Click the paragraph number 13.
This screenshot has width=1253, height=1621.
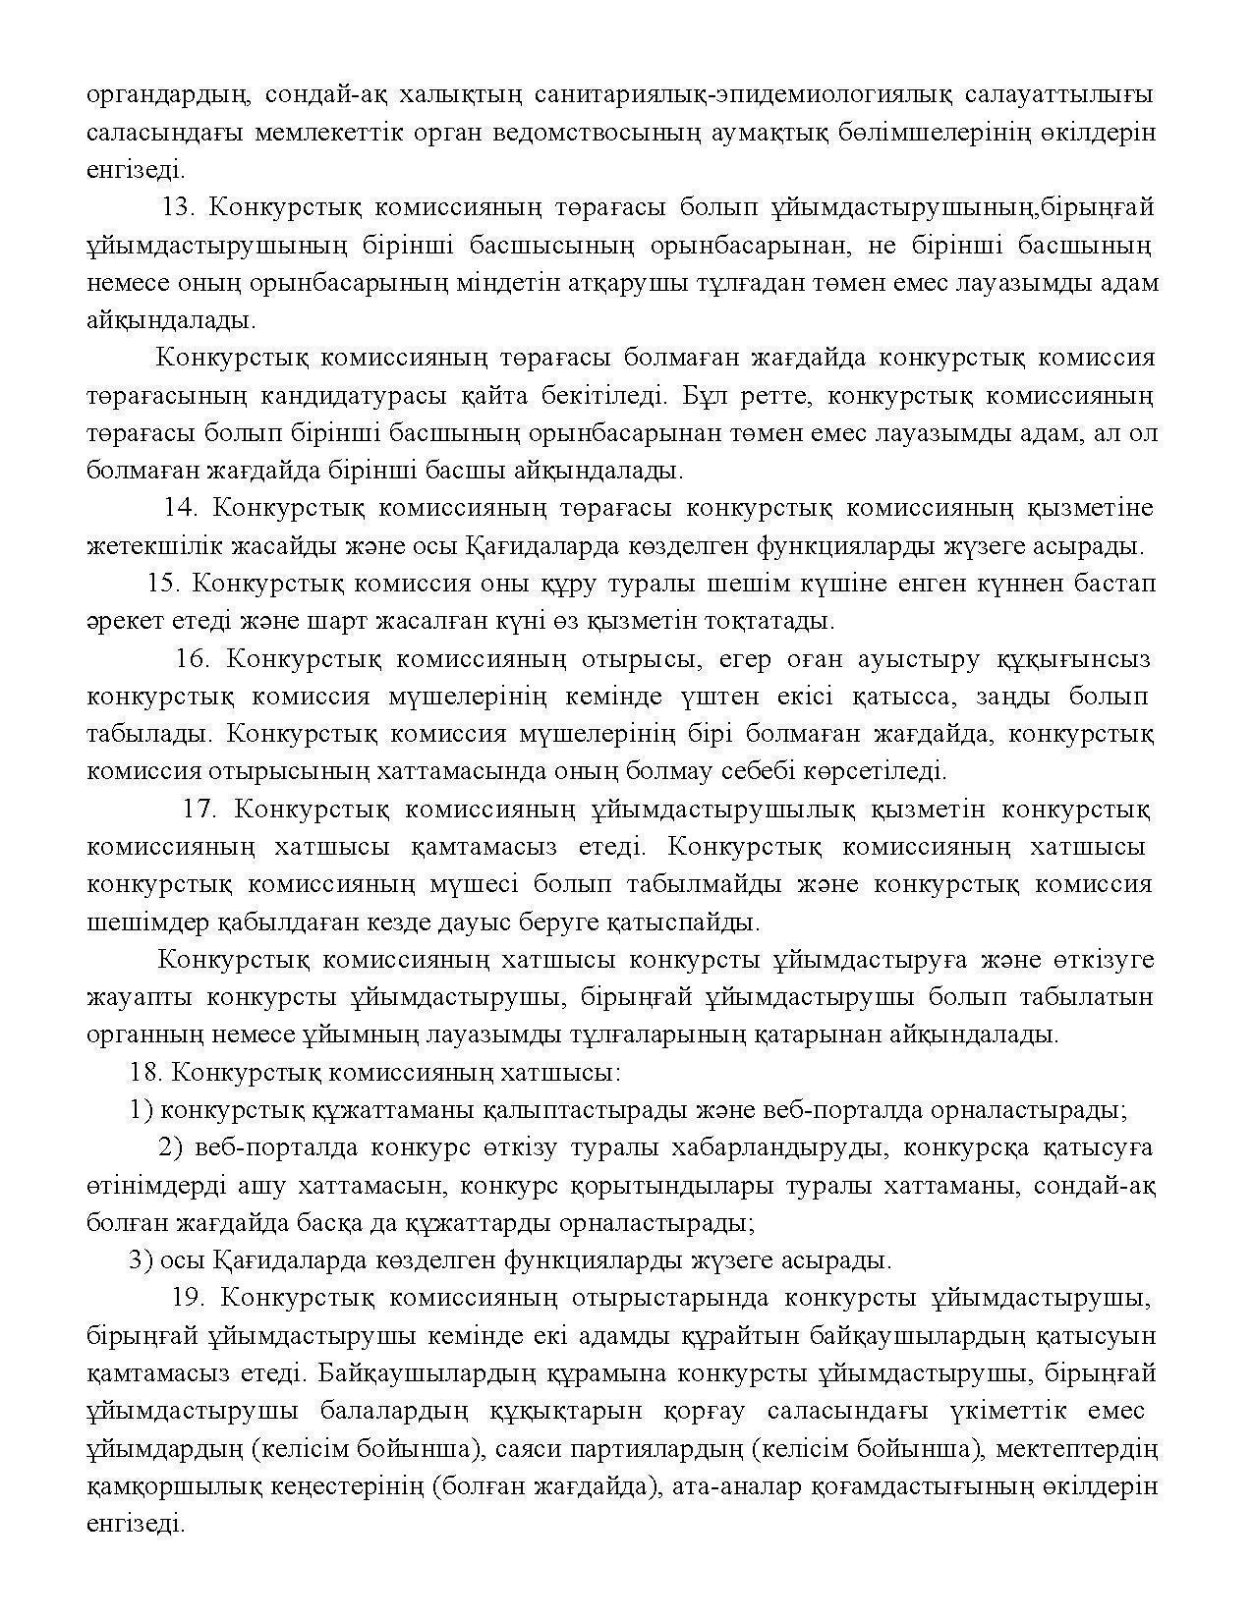[179, 208]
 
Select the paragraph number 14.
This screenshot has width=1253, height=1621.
[181, 508]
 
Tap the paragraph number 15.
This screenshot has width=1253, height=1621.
[164, 584]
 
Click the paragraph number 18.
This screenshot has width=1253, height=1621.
[147, 1073]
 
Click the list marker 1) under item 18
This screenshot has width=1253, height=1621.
[141, 1111]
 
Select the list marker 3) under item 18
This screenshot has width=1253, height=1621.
[141, 1260]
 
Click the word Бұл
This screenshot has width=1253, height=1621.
[705, 396]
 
